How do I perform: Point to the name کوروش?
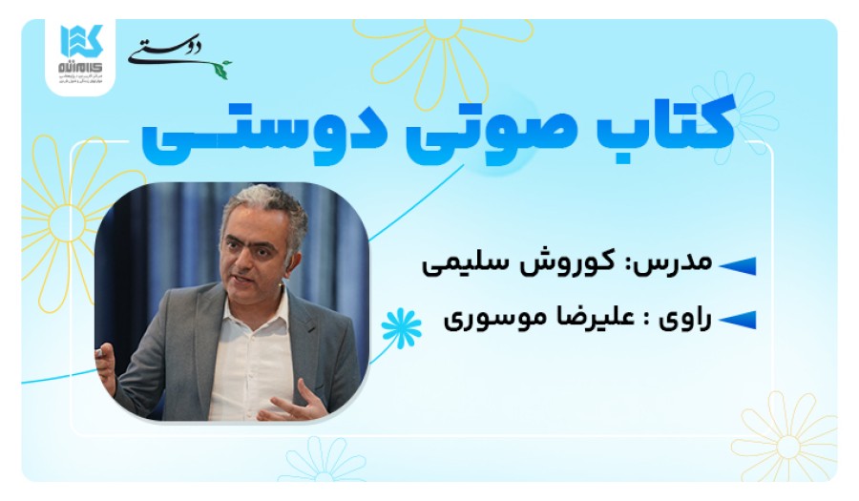point(591,262)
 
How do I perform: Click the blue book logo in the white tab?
point(80,41)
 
